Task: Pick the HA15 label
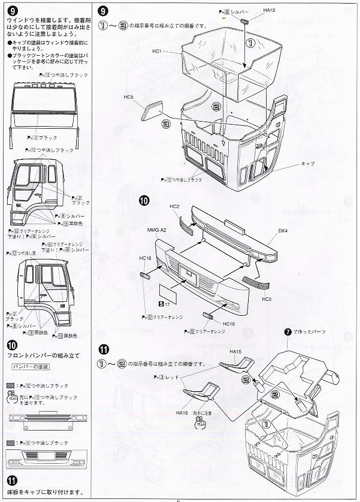[x=235, y=352]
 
